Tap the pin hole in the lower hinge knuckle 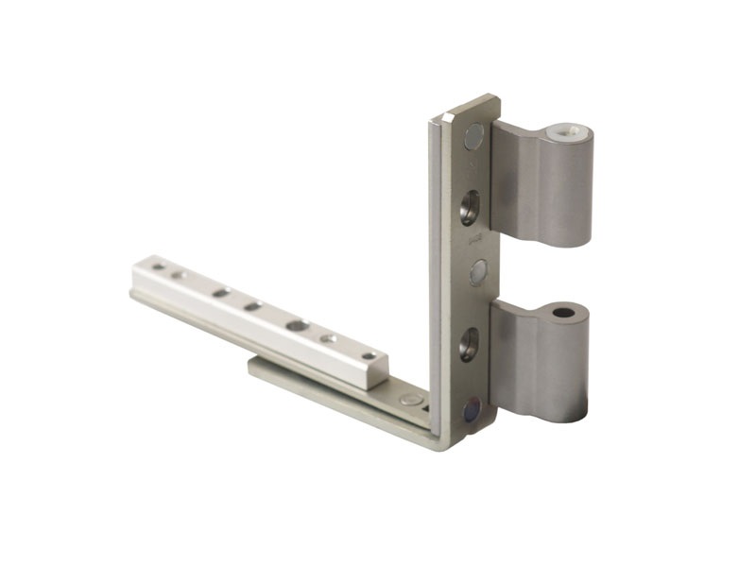tap(564, 312)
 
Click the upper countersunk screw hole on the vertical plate tap(470, 206)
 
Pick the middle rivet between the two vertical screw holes tap(477, 272)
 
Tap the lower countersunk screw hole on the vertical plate tap(469, 344)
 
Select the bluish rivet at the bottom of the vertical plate tap(472, 410)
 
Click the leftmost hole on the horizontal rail tap(158, 267)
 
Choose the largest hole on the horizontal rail tap(297, 326)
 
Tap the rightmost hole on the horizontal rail tap(369, 355)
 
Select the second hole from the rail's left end tap(178, 276)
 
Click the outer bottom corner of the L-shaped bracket tap(437, 445)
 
